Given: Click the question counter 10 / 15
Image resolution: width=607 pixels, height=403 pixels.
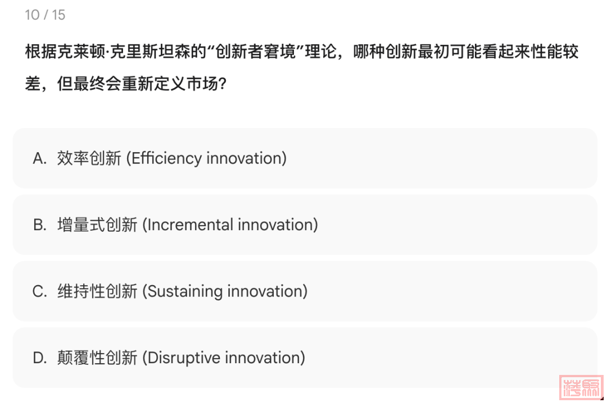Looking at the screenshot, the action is click(45, 15).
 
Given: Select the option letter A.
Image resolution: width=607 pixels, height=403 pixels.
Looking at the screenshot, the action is click(39, 158).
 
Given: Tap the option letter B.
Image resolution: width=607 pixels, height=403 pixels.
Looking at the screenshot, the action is click(39, 225).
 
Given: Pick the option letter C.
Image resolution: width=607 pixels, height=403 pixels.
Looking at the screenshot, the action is click(39, 291).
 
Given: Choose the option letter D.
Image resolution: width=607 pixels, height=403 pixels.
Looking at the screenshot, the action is click(39, 358).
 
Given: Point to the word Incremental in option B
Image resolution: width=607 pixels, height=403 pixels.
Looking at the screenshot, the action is click(190, 225).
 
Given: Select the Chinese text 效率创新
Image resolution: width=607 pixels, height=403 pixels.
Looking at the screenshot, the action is click(89, 158).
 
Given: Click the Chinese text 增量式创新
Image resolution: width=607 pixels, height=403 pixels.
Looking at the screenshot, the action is click(97, 225).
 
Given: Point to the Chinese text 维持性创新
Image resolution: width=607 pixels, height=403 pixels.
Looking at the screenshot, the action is click(97, 291).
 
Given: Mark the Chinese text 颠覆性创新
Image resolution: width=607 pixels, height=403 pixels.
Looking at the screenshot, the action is click(97, 358).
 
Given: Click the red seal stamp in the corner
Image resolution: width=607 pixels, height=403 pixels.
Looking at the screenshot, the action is click(581, 387).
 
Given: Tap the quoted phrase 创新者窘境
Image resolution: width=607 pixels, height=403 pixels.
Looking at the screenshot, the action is click(256, 52).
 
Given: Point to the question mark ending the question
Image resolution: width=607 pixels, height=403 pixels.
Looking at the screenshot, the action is click(222, 84).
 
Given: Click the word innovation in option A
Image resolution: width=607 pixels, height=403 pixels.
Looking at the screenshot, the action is click(244, 159).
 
